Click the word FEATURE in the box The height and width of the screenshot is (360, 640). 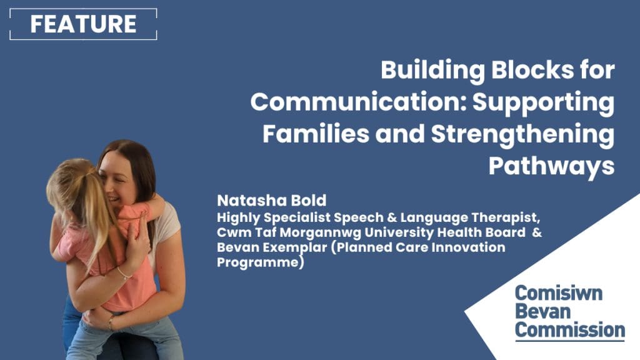point(83,24)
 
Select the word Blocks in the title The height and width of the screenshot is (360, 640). point(532,69)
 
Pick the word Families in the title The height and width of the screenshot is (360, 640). point(316,134)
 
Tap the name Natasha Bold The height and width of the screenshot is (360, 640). point(271,201)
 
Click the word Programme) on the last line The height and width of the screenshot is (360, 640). point(261,262)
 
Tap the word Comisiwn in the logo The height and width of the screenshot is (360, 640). point(558,293)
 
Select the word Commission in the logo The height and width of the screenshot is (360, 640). point(570,330)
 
